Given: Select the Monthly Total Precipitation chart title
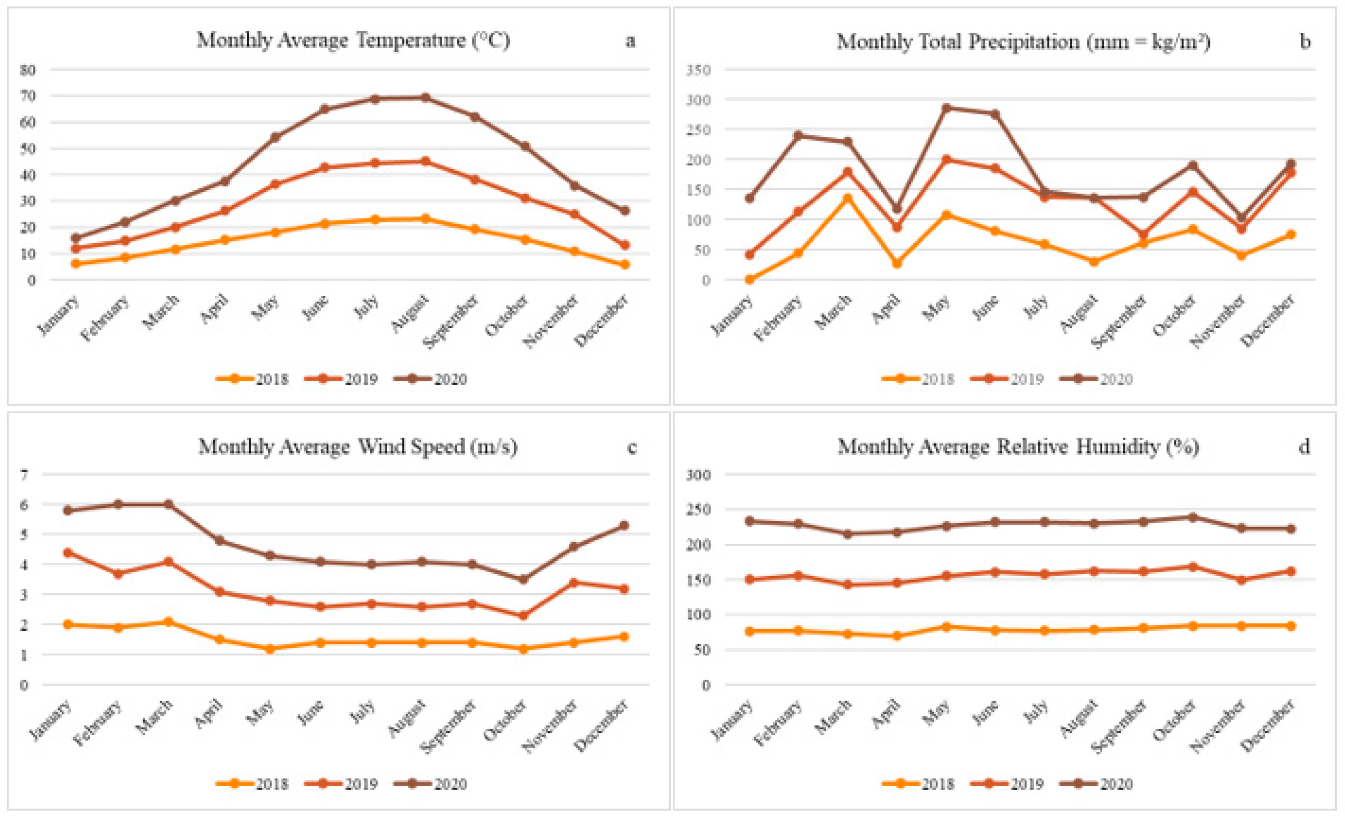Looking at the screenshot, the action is [x=1023, y=41].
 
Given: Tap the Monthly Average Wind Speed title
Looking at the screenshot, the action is [x=358, y=447].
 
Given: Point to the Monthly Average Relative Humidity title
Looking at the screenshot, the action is [x=1019, y=447].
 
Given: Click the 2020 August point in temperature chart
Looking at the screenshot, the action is [x=425, y=98].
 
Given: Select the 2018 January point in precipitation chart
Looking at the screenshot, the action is [x=749, y=280].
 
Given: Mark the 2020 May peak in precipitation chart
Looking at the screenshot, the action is [x=946, y=108].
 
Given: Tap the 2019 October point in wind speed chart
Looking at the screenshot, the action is [x=523, y=615].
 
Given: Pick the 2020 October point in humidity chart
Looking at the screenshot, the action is [x=1193, y=517].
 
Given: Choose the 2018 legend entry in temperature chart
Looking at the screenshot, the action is [x=252, y=379].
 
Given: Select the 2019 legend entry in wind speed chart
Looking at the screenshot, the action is [x=341, y=784].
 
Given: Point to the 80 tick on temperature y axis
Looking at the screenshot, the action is [x=28, y=70].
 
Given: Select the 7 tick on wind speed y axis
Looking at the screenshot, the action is [x=24, y=475].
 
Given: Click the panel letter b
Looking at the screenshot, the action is [x=1305, y=41].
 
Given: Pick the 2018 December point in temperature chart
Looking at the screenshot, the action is [x=625, y=265].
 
